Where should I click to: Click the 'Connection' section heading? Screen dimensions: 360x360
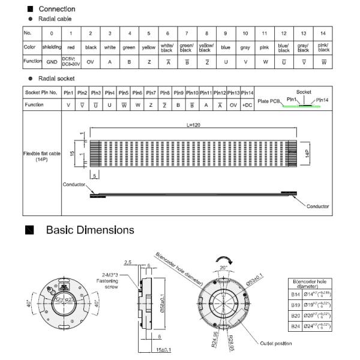click(x=57, y=9)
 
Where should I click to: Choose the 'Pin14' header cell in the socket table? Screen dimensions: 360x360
click(x=247, y=93)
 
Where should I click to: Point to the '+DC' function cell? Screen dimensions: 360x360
click(x=247, y=104)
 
